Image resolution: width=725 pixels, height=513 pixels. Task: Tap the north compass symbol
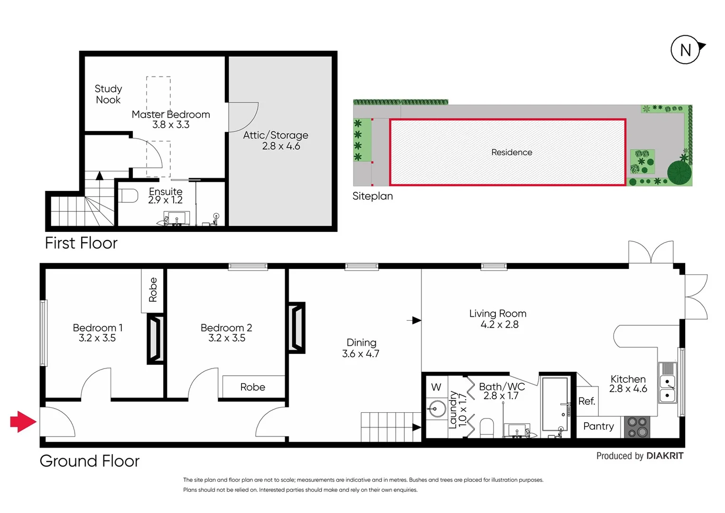tap(686, 50)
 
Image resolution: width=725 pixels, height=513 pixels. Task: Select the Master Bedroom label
tap(171, 114)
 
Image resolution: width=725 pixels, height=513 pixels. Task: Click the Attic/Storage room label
tap(276, 135)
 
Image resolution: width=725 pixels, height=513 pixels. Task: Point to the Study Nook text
tap(108, 94)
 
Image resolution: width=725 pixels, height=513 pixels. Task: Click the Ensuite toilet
tap(128, 195)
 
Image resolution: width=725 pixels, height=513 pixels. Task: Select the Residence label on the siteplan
tap(511, 152)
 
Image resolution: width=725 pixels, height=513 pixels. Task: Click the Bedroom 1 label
tap(98, 328)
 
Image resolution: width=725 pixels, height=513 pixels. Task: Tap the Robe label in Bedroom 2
tap(252, 387)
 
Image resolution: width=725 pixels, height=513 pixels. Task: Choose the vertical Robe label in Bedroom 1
tap(153, 290)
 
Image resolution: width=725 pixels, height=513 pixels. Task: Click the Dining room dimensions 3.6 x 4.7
tap(361, 354)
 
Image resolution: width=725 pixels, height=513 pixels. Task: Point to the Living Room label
tap(498, 313)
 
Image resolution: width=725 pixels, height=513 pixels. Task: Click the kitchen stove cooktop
tap(637, 427)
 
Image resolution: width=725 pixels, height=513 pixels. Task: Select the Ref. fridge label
tap(586, 401)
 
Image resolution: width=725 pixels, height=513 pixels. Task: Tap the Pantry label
tap(598, 426)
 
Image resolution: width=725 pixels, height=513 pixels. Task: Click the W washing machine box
tap(436, 387)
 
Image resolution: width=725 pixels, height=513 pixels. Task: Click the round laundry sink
tap(437, 408)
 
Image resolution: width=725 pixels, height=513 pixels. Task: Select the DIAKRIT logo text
tap(665, 456)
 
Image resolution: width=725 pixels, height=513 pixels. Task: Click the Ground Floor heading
tap(90, 461)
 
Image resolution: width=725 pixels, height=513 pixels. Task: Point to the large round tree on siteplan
tap(679, 172)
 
